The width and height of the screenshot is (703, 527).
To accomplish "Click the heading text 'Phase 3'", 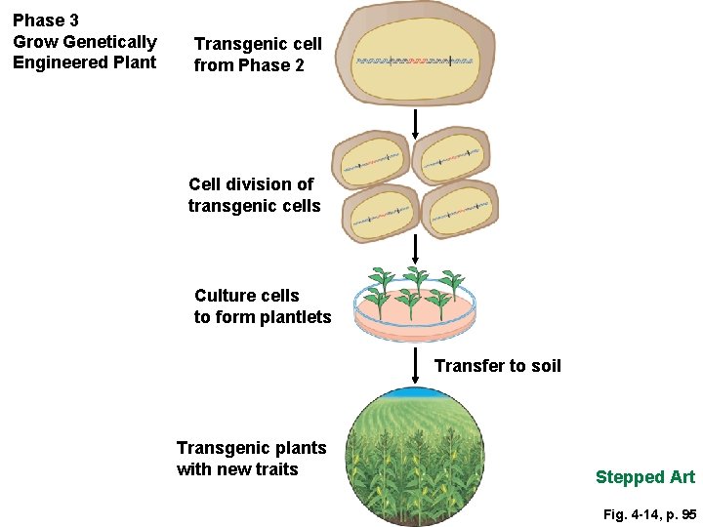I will pyautogui.click(x=46, y=20).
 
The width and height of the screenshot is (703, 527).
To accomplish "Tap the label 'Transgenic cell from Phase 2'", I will pyautogui.click(x=258, y=55).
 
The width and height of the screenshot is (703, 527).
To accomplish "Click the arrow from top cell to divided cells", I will pyautogui.click(x=416, y=124).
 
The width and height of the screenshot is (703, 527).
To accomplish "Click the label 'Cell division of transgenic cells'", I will pyautogui.click(x=254, y=195).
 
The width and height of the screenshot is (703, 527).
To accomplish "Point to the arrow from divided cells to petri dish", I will pyautogui.click(x=416, y=250).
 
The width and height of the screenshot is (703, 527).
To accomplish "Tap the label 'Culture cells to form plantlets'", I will pyautogui.click(x=263, y=306).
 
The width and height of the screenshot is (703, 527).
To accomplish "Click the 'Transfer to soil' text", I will pyautogui.click(x=498, y=366).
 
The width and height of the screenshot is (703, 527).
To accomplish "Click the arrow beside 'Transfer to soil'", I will pyautogui.click(x=416, y=366).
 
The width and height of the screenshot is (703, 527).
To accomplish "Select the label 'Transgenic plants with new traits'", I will pyautogui.click(x=252, y=459).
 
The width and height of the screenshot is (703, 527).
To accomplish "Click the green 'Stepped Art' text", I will pyautogui.click(x=644, y=477).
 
